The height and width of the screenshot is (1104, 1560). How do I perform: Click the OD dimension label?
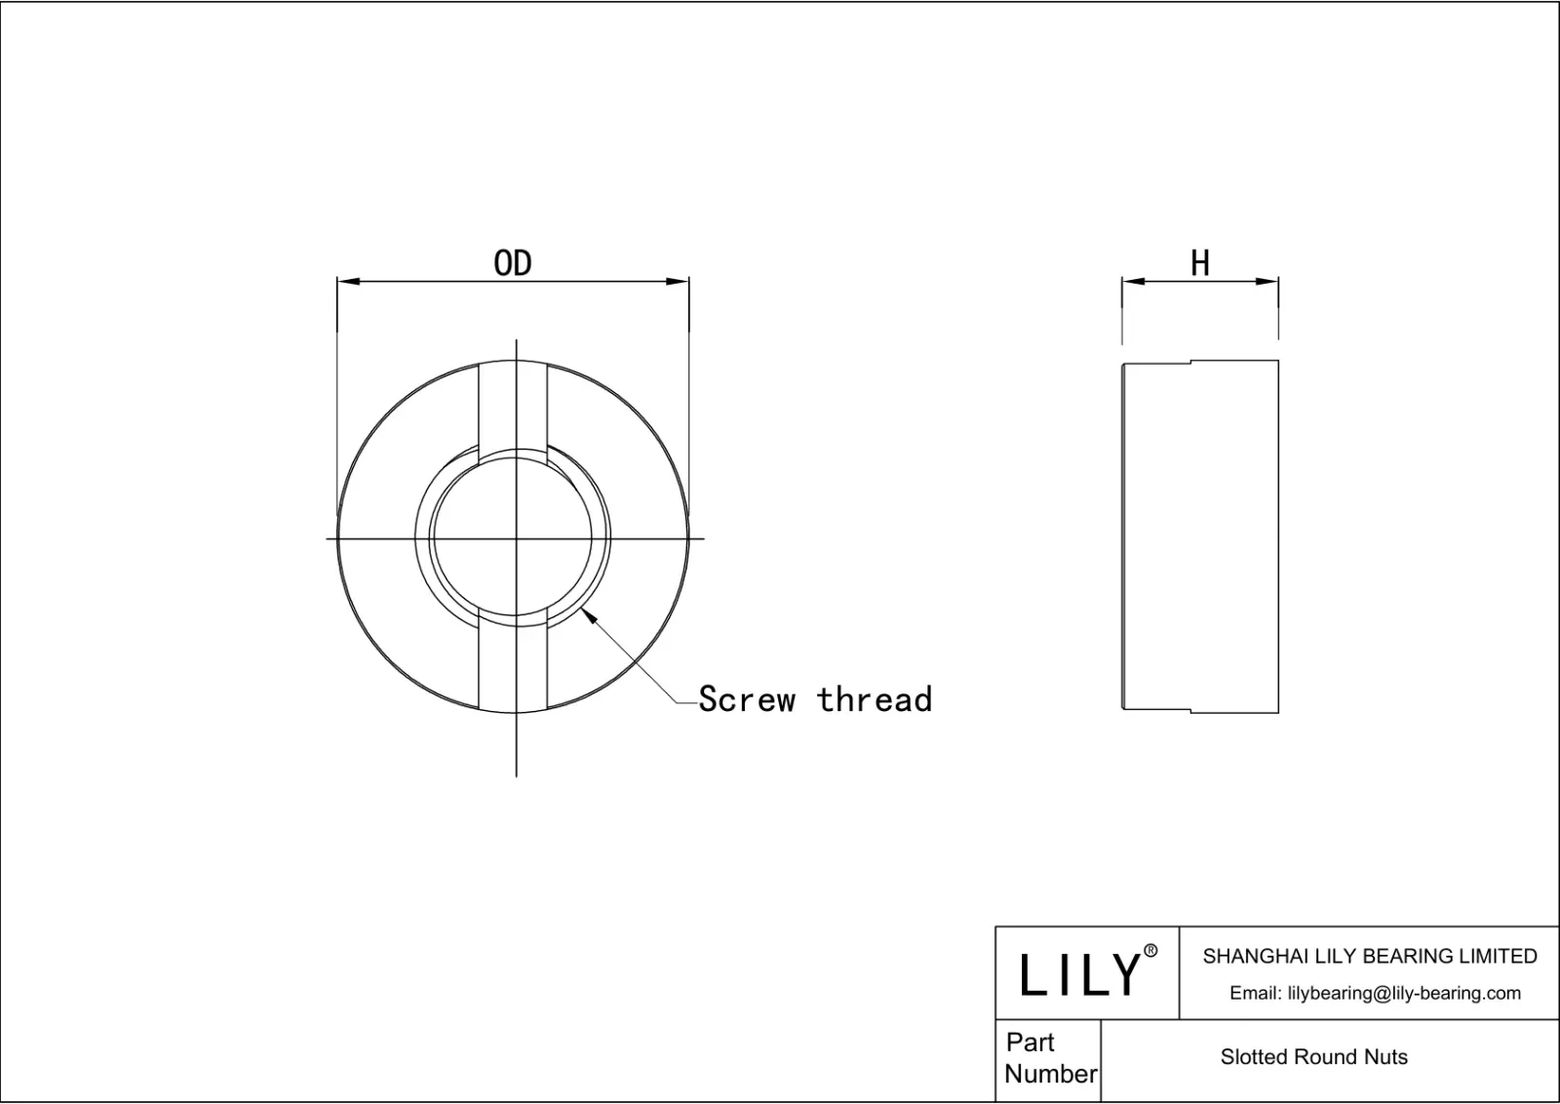coord(512,263)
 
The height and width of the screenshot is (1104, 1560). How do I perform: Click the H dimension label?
coord(1200,263)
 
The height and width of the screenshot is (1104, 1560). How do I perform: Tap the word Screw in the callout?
coord(747,699)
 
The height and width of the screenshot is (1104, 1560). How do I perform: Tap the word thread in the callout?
coord(875,699)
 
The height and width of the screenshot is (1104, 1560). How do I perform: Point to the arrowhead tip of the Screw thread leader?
coord(583,609)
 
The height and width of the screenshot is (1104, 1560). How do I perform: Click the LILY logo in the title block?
coord(1079,974)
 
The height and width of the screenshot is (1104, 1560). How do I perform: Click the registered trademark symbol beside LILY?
coord(1150,951)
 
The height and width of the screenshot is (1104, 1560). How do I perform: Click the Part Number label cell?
coord(1049,1058)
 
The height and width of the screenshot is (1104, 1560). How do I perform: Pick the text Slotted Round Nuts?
coord(1313,1057)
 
